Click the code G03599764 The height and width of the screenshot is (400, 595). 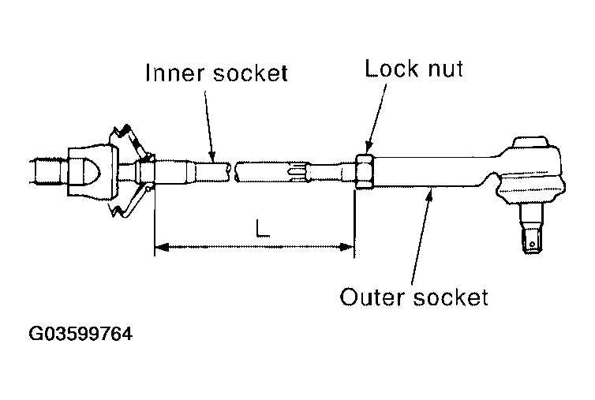coord(80,334)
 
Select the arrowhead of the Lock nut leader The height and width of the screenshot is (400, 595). coord(369,149)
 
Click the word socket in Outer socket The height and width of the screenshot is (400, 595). coord(452,297)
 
